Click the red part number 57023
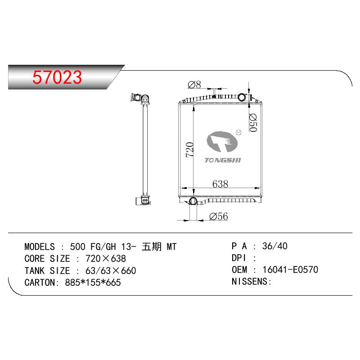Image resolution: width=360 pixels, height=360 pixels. pos(57,77)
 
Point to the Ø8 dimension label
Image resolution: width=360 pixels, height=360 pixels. pos(194,85)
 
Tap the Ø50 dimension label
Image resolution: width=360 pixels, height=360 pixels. pos(253,123)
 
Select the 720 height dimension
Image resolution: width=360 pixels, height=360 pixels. pos(189,150)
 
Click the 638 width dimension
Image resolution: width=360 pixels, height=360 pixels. pos(220,184)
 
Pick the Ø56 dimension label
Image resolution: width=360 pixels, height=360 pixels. pos(219,216)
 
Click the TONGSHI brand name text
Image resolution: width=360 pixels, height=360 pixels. pos(223,160)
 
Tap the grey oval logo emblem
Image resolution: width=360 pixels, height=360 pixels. pos(222,141)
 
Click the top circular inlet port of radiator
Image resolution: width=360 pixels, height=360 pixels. pos(242,97)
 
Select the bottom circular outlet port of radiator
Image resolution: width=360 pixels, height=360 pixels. pos(193,201)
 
